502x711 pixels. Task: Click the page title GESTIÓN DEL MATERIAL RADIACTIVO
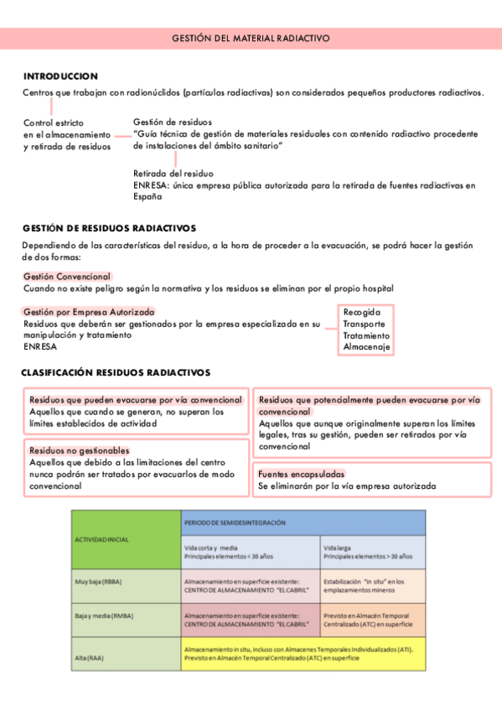(251, 39)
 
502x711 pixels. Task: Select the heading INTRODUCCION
(60, 75)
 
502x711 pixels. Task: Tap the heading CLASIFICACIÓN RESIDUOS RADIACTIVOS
(116, 372)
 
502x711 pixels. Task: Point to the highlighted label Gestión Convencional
(66, 276)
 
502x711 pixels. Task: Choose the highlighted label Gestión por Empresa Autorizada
(89, 312)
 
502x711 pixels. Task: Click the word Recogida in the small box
(361, 312)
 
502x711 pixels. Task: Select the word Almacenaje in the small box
(366, 347)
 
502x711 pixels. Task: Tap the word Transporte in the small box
(365, 324)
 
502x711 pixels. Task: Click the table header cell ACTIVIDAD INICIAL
(102, 539)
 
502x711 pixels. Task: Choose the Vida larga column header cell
(372, 552)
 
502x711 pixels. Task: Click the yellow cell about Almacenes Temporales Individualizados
(303, 653)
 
